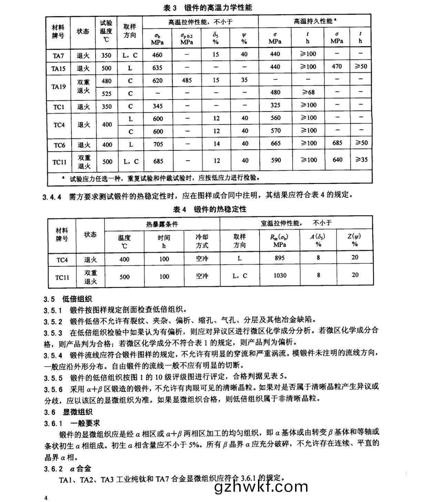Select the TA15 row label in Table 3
(x=58, y=68)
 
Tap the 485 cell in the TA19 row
(x=187, y=81)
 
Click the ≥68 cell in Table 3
(x=308, y=92)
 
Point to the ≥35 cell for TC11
(x=361, y=160)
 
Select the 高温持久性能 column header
(x=314, y=21)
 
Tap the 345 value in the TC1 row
(x=157, y=106)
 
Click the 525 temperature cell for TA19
(x=106, y=93)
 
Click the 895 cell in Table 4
(x=279, y=258)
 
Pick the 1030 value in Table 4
(x=280, y=276)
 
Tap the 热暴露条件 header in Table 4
(x=162, y=224)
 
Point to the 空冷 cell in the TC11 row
(x=202, y=276)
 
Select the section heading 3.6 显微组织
(x=68, y=412)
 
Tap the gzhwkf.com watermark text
(x=261, y=487)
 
